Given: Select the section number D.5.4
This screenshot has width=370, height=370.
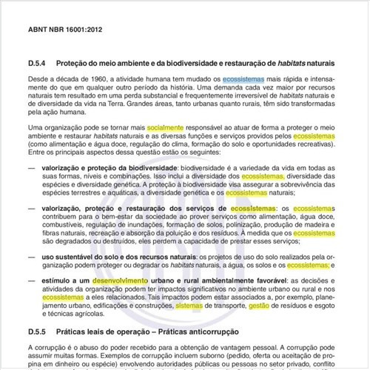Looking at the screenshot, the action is [x=38, y=62].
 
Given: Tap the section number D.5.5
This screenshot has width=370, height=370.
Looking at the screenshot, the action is [x=38, y=332].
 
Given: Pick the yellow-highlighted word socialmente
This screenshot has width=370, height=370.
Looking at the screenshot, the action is [x=168, y=128].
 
